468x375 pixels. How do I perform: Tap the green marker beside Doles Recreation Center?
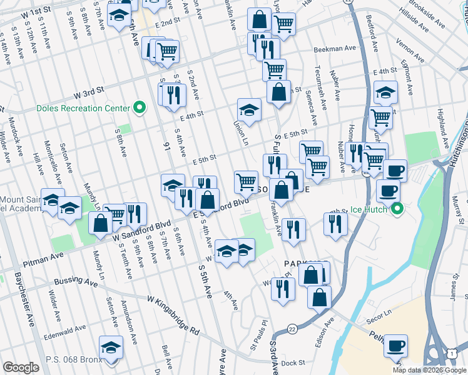coord(140,108)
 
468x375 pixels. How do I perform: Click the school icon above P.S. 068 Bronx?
coord(111,347)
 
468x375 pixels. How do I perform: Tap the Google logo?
coord(21,367)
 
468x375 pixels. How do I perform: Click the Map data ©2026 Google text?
coord(429,370)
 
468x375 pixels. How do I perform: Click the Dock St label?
coord(292,362)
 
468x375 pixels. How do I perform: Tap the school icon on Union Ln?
coord(249,110)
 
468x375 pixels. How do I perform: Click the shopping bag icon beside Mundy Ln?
coord(100,223)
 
